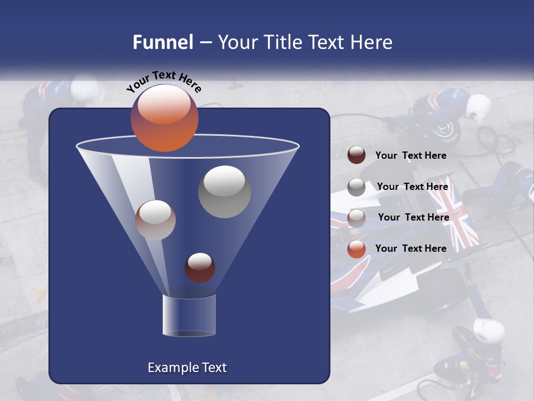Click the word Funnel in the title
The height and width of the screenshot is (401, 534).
coord(162,42)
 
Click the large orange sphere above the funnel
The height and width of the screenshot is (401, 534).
coord(164,118)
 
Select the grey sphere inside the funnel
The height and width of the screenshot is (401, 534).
coord(224,192)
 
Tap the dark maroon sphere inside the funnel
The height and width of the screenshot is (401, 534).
coord(200,267)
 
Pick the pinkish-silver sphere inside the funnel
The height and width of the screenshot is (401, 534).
coord(155,220)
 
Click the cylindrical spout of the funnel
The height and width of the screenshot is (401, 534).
coord(189,315)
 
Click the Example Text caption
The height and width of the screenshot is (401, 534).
coord(187,368)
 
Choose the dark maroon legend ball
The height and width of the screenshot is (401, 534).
coord(357,155)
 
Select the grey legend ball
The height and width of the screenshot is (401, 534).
coord(357,187)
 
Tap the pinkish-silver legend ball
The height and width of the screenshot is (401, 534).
coord(357,218)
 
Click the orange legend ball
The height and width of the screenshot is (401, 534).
coord(357,249)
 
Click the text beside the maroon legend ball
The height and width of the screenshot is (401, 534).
coord(411,156)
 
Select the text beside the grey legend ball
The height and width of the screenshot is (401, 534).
coord(412,187)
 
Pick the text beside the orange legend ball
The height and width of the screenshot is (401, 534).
coord(411,248)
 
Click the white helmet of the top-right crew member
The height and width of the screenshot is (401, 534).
coord(478,106)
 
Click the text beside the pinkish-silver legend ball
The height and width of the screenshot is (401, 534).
coord(413,218)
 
